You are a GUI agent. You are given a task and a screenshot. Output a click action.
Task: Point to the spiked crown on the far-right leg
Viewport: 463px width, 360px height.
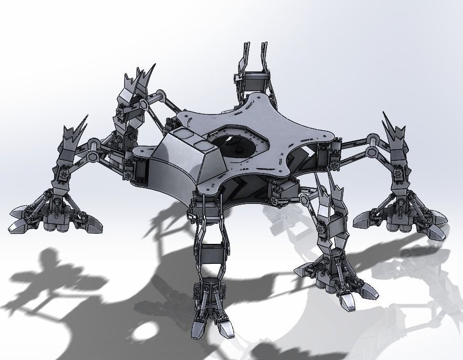(394, 130)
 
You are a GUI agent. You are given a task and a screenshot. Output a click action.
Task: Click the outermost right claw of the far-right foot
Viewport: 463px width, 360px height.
(437, 232)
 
